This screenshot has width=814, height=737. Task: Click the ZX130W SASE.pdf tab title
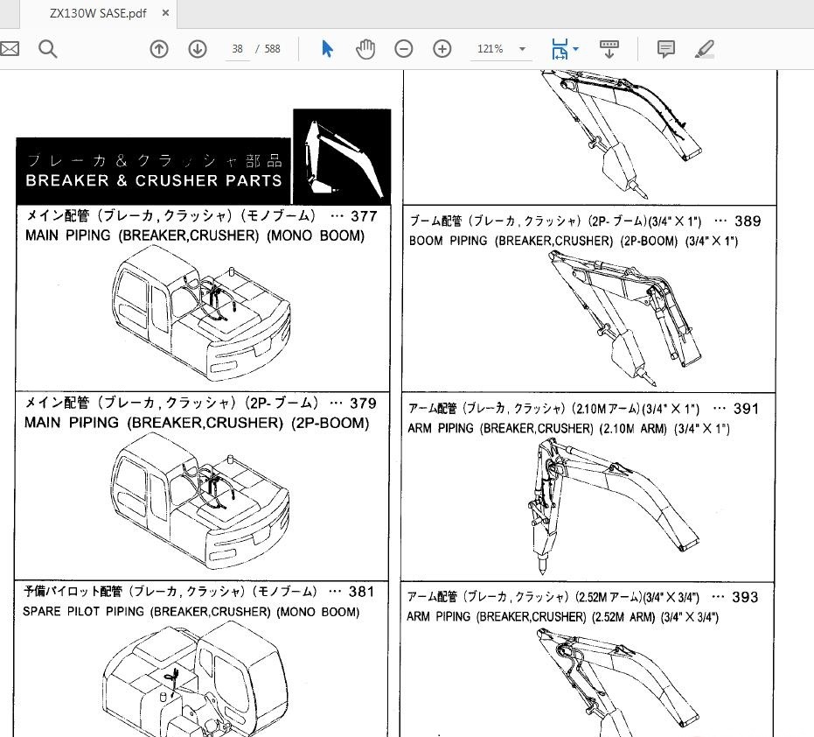[x=98, y=15]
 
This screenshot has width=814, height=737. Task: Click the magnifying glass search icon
[x=48, y=49]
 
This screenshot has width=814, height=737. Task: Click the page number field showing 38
[x=237, y=49]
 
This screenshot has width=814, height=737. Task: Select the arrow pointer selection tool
[x=328, y=49]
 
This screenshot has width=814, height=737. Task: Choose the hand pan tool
[x=365, y=49]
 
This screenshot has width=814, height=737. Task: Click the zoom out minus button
[x=404, y=49]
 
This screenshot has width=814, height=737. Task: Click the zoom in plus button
[x=442, y=49]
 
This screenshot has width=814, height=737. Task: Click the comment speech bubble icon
[x=665, y=49]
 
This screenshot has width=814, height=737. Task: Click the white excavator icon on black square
[x=341, y=158]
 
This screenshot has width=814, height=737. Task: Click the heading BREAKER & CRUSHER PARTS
[x=154, y=180]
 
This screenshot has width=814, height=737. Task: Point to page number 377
[x=363, y=216]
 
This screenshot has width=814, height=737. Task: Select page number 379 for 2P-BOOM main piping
[x=363, y=404]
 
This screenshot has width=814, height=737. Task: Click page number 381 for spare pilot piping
[x=361, y=592]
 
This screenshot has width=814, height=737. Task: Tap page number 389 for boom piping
[x=748, y=221]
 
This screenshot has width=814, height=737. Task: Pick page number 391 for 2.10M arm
[x=746, y=409]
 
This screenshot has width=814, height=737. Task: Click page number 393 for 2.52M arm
[x=745, y=598]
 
